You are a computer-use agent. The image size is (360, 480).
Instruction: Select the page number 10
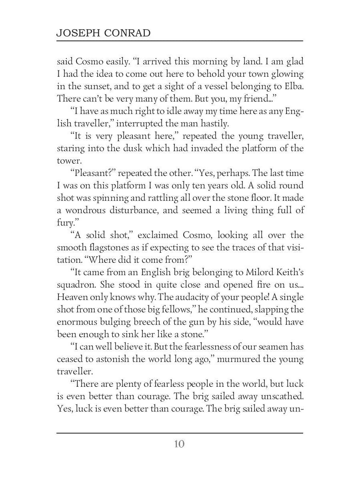click(179, 444)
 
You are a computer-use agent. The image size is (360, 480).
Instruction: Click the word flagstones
click(109, 248)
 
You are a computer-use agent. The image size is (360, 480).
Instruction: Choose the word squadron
click(76, 285)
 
